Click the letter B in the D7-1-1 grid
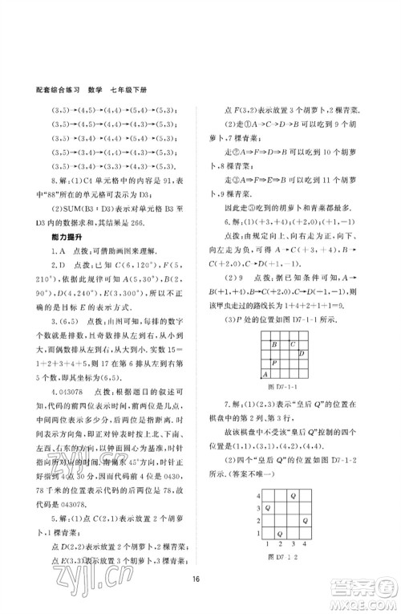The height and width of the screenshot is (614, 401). click(275, 344)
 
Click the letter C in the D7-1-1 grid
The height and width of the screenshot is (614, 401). click(292, 344)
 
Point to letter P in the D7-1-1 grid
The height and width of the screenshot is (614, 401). click(275, 362)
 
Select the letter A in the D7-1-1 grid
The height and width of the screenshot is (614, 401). click(266, 374)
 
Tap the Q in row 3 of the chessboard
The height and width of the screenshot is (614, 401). click(267, 508)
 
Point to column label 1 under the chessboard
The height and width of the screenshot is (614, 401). click(267, 544)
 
